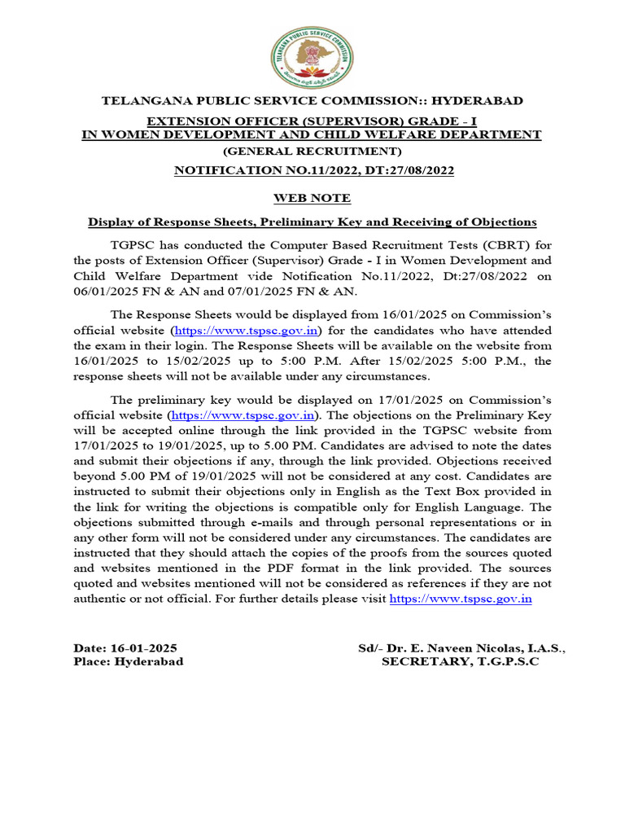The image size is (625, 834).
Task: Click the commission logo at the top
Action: (x=312, y=56)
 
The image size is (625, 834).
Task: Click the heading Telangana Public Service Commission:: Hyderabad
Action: (x=312, y=101)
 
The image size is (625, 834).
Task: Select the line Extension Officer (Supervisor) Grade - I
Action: (x=312, y=121)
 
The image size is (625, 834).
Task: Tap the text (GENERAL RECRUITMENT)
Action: (x=312, y=151)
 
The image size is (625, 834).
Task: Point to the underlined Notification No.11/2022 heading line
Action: (x=312, y=170)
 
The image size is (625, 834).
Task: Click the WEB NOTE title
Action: (x=312, y=197)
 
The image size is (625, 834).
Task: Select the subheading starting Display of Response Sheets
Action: (x=312, y=222)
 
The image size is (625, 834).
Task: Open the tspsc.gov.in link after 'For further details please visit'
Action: (x=461, y=599)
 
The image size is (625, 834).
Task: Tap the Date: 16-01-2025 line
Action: (x=125, y=648)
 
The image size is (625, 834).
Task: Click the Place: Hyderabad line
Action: (x=129, y=662)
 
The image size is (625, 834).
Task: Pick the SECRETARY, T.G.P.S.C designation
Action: (x=461, y=662)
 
